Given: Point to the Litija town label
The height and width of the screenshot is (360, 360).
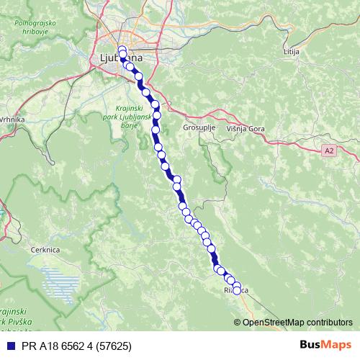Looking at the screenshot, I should (291, 53).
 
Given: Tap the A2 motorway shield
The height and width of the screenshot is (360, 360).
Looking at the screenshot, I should (329, 150).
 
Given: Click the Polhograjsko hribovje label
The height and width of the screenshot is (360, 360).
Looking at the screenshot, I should (33, 27).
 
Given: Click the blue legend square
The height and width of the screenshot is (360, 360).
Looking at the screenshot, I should (9, 346).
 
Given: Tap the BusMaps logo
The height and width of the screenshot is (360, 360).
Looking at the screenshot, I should (326, 346).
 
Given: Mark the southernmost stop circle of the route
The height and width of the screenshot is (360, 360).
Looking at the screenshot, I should (236, 291).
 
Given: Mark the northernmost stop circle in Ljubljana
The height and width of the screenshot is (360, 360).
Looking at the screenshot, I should (122, 50).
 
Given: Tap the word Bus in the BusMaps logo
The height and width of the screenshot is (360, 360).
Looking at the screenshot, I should (311, 346).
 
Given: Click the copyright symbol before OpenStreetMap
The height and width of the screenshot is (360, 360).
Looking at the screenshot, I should (238, 322).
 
